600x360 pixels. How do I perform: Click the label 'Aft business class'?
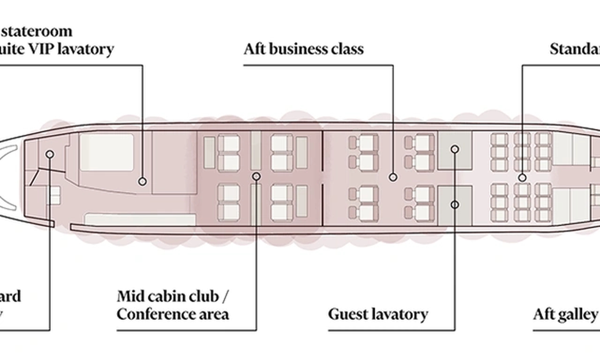(x=303, y=49)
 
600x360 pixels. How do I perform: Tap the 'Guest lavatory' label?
(x=378, y=314)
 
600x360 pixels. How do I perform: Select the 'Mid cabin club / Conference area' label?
(x=173, y=305)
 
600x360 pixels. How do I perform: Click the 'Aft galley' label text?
(x=565, y=314)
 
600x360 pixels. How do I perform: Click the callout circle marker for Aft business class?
(x=393, y=177)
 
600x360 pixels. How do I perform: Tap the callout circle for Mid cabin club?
(x=256, y=176)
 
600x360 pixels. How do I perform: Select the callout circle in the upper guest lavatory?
(x=455, y=149)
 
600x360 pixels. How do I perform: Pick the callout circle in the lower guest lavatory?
(x=455, y=204)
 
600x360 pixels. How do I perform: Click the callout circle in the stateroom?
(x=142, y=181)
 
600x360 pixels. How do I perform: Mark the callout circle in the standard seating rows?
(x=522, y=178)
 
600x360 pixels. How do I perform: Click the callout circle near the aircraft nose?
(x=50, y=154)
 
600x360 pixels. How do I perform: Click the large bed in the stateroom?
(x=106, y=152)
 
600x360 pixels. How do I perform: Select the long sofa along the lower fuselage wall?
(x=140, y=219)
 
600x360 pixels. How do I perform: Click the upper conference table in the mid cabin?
(x=255, y=150)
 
